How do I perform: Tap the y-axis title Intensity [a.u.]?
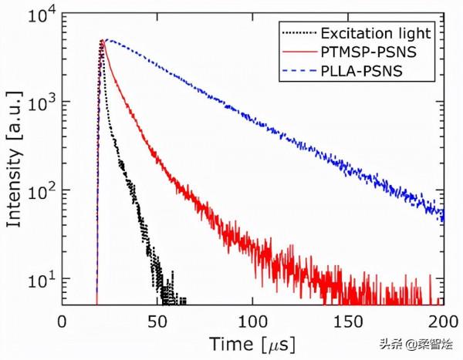(14, 158)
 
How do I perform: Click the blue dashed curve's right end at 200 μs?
(442, 214)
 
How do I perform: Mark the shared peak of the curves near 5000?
(103, 41)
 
